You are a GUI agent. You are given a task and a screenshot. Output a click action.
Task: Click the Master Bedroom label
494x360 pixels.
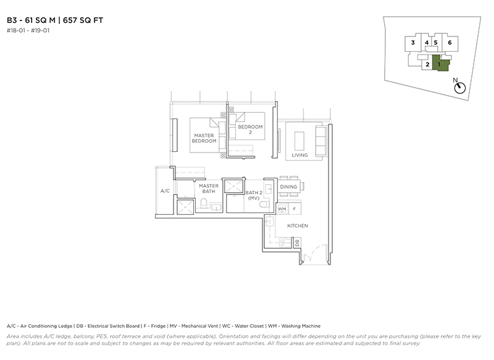204,138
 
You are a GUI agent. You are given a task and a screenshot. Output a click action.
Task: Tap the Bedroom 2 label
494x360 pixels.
250,130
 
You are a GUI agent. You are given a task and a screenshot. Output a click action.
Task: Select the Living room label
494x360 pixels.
299,155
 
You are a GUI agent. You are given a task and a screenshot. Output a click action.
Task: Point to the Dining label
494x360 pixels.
288,186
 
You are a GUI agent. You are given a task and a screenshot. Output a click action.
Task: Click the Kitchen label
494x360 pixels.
298,226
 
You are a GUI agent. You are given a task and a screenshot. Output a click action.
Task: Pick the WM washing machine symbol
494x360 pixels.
282,209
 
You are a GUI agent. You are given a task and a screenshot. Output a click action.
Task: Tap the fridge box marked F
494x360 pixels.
295,209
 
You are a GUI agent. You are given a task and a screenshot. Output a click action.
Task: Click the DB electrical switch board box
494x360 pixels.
297,243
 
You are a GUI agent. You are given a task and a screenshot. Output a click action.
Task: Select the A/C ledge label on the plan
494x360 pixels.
165,191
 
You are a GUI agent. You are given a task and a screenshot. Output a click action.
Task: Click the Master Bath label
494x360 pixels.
209,189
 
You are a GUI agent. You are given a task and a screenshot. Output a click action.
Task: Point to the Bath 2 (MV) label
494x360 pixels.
254,195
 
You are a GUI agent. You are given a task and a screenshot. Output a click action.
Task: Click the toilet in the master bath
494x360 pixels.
204,203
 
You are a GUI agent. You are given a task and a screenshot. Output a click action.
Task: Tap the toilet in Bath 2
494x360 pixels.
264,204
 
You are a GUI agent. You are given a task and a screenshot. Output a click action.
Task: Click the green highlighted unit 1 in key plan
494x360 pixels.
440,63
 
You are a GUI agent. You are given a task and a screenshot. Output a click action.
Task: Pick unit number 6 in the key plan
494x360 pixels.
450,43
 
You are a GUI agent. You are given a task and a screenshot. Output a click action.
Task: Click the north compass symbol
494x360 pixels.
460,88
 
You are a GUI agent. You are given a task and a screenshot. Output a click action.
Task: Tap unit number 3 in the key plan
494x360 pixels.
413,43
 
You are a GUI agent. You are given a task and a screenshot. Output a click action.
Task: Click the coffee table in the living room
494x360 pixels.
299,141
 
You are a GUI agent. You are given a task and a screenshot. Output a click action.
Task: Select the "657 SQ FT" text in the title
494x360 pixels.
83,20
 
